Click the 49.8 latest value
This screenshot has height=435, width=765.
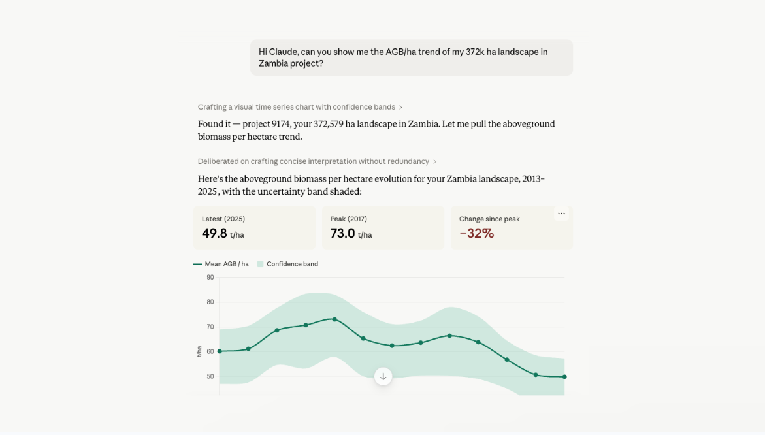point(214,234)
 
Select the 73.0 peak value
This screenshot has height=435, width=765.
point(342,234)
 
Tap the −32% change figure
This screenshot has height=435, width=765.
point(477,234)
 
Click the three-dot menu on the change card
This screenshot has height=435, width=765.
point(562,214)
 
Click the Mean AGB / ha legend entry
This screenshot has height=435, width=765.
point(221,264)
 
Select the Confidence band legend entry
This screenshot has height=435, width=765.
point(287,264)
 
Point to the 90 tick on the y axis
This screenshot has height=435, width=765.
point(210,277)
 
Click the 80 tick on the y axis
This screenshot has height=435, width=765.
point(210,302)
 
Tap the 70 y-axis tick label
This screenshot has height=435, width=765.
point(210,327)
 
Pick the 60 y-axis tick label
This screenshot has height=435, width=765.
point(210,351)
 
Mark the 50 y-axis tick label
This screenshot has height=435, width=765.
point(210,376)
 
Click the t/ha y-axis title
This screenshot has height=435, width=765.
point(199,351)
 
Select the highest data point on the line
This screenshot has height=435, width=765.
point(334,319)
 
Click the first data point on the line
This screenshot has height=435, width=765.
point(220,351)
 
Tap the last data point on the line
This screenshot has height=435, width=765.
point(564,377)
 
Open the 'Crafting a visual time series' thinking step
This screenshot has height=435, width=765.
point(300,107)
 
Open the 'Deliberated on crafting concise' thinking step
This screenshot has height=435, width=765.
point(317,161)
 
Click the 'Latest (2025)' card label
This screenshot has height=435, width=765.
point(223,219)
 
